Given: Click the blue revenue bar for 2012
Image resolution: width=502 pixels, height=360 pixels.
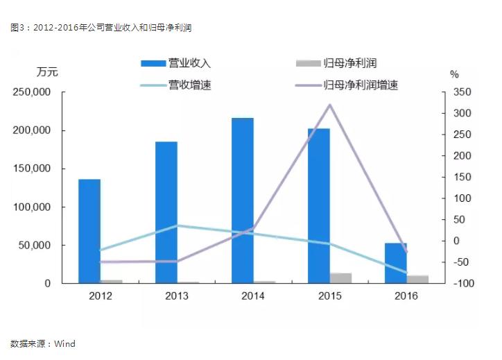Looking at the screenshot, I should coord(89,231).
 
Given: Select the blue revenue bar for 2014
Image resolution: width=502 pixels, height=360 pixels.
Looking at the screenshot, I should coord(243,200).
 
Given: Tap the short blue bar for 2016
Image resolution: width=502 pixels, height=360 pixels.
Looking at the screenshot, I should coord(395,263).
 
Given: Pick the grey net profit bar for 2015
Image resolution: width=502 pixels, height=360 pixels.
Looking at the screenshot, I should coord(340,278).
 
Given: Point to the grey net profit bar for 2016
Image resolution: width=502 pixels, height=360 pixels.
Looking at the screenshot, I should coord(417,280).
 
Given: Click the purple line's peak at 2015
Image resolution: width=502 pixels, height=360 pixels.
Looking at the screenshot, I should coord(330,105).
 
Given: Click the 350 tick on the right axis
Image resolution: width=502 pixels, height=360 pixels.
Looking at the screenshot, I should coord(462,93).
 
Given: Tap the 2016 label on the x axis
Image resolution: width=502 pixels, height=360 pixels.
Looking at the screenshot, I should coord(406,296).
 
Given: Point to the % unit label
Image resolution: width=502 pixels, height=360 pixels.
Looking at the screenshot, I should coord(454,74).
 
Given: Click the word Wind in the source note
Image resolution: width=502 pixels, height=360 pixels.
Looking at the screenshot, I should coord(64,343).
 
